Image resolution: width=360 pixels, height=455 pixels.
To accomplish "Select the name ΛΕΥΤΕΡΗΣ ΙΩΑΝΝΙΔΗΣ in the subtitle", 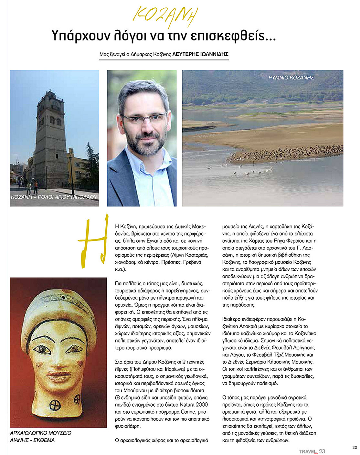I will click(200, 54).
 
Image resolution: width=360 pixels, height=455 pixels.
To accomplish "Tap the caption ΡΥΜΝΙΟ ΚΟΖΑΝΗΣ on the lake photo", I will click(291, 78).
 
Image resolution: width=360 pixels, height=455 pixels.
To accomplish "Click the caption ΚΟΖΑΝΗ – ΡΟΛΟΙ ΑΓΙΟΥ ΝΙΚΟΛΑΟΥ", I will click(54, 196).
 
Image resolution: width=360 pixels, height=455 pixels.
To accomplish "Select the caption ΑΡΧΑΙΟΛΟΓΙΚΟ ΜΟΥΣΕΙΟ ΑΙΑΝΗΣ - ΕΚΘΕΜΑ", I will click(40, 436).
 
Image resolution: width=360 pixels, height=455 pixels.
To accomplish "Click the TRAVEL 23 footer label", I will click(312, 451).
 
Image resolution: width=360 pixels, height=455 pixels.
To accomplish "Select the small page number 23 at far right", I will click(355, 448).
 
